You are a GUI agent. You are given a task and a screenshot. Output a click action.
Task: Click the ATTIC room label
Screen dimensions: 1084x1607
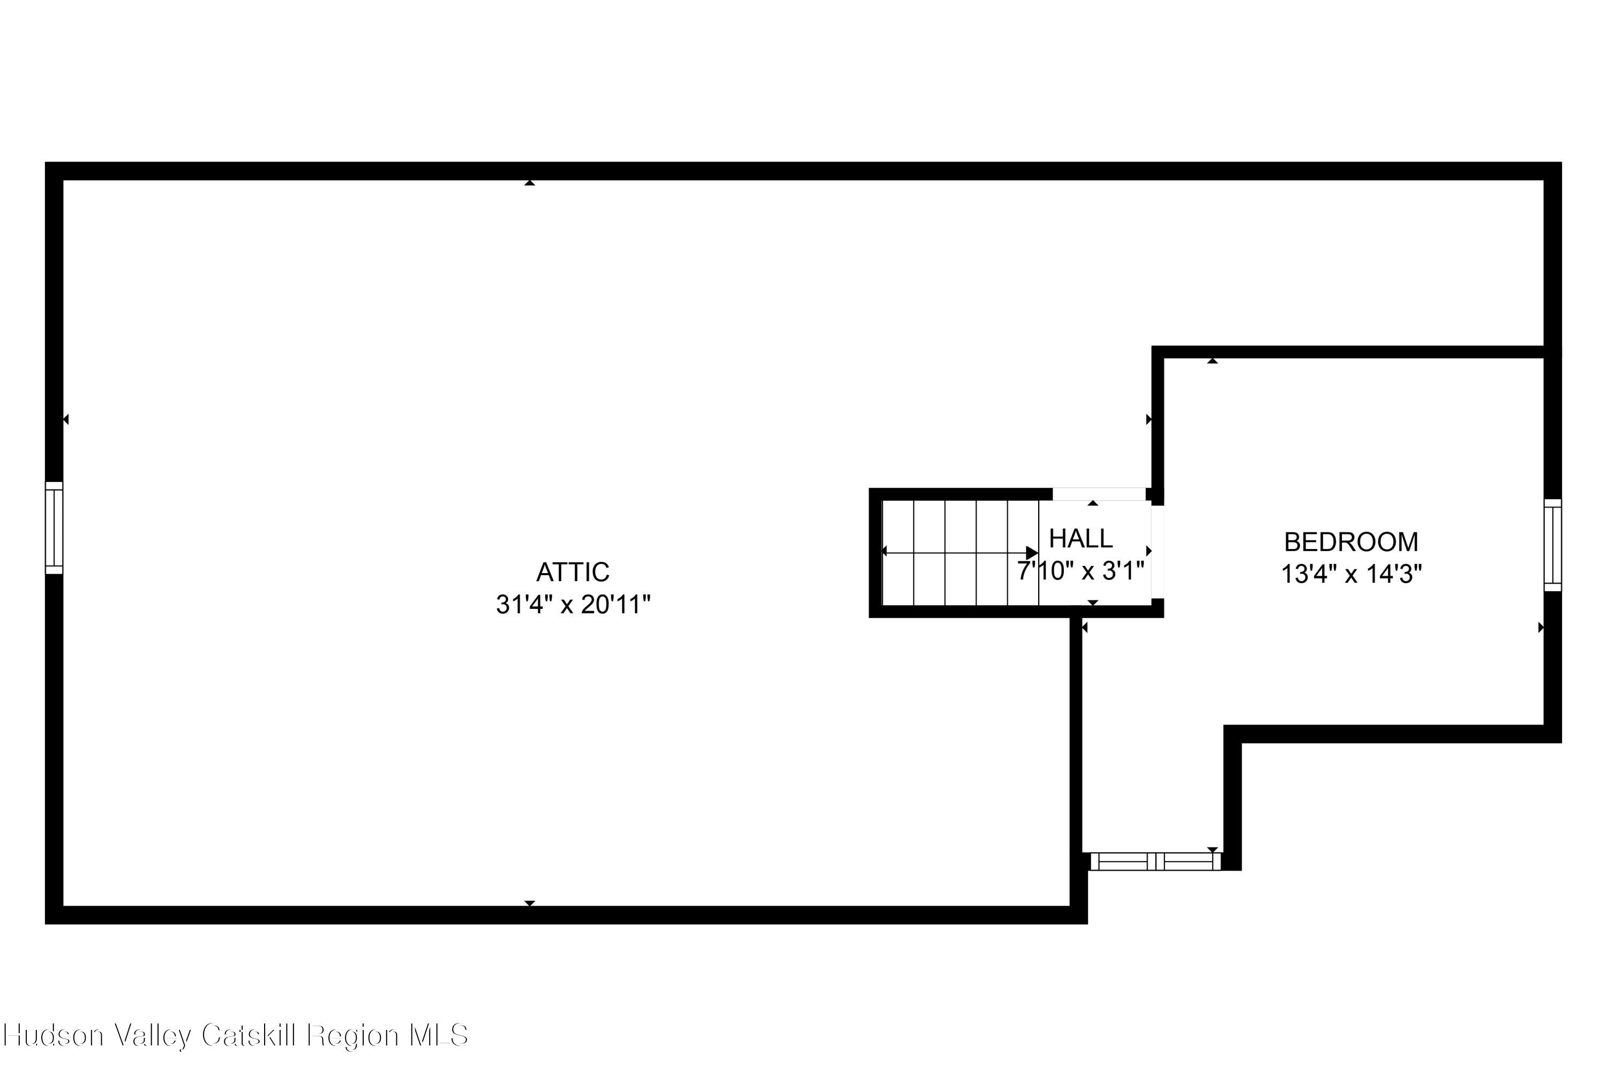click(573, 573)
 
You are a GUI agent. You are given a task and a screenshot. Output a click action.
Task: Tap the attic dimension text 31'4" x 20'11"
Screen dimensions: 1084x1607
click(573, 605)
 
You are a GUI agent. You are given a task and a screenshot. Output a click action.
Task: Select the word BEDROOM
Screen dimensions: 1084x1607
click(1350, 542)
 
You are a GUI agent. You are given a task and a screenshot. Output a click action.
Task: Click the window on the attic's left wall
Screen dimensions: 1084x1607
click(54, 528)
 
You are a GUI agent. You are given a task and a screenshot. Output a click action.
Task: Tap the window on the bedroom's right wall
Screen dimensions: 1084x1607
click(1552, 545)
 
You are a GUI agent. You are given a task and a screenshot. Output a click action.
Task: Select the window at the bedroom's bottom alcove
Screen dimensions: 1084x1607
click(1155, 861)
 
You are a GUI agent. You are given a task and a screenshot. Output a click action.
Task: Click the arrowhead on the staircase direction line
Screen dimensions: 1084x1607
click(1032, 552)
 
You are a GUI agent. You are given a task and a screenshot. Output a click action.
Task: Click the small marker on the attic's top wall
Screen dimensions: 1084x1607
click(530, 183)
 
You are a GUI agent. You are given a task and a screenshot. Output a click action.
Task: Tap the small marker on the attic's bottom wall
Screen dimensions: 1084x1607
click(530, 903)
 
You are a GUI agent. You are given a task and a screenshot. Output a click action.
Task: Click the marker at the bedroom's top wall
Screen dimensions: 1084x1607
click(1212, 361)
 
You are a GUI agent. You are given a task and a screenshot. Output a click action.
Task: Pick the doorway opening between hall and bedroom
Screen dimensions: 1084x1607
click(1158, 552)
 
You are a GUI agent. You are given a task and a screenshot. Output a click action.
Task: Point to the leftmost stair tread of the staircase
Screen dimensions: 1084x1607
click(898, 552)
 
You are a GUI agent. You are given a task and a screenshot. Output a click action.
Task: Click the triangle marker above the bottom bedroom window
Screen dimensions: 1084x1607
click(1212, 849)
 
